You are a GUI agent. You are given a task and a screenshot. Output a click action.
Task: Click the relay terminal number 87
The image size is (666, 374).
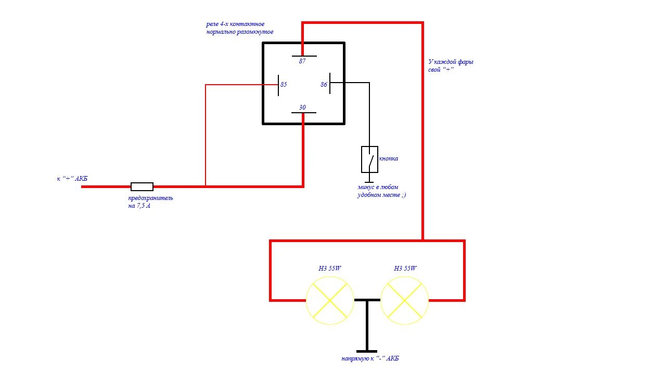click(x=302, y=61)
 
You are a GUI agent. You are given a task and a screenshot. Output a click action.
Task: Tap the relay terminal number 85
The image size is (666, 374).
click(x=284, y=84)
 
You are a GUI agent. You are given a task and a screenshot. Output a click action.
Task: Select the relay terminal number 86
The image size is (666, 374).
click(x=324, y=84)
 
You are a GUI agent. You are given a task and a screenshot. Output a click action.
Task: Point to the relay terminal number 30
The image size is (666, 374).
click(x=302, y=108)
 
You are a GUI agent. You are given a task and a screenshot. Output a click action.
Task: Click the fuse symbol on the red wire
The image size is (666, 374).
click(x=142, y=186)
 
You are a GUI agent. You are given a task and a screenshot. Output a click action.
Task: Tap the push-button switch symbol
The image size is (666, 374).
click(x=369, y=159)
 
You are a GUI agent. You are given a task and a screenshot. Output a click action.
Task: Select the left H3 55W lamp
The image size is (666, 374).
click(x=330, y=300)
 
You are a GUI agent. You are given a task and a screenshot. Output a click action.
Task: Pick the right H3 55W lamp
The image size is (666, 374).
click(x=405, y=300)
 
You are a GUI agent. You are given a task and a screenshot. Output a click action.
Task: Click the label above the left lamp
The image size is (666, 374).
click(x=330, y=269)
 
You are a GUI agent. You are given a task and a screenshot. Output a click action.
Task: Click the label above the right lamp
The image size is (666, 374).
click(x=405, y=269)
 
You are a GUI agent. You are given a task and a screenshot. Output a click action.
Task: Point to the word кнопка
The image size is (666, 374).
click(x=388, y=158)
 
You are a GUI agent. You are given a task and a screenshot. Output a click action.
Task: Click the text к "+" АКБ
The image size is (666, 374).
click(x=72, y=179)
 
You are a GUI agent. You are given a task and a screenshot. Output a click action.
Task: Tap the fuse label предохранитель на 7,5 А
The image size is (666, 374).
click(x=150, y=202)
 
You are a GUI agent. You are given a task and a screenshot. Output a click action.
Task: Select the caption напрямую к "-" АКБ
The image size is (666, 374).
click(x=370, y=359)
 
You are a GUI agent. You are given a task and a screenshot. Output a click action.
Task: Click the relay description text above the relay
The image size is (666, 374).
click(x=240, y=28)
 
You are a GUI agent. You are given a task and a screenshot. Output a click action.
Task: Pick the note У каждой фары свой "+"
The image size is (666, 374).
click(x=447, y=65)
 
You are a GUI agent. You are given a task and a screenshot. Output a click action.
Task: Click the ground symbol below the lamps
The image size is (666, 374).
click(x=367, y=350)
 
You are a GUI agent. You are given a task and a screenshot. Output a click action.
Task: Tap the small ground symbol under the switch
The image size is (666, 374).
click(x=369, y=181)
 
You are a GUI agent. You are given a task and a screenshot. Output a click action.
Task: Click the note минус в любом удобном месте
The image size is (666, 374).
click(x=381, y=191)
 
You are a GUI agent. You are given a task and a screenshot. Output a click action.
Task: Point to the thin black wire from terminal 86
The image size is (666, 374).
click(x=369, y=114)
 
